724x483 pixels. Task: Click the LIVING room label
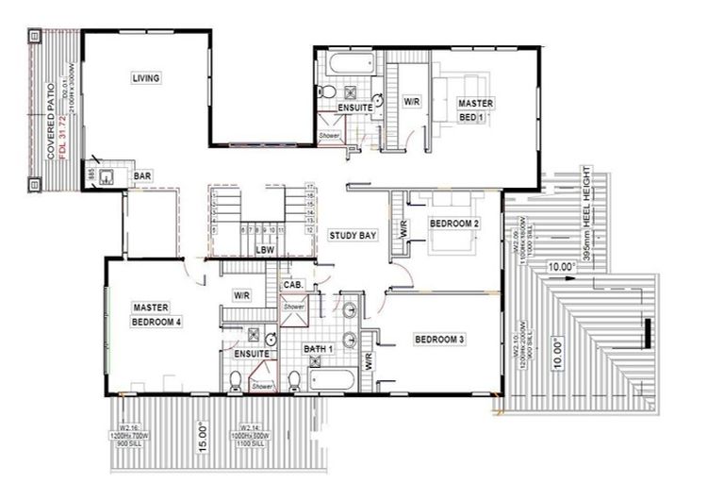coord(145,77)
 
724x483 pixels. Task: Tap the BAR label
coord(143,176)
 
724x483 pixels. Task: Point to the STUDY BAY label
coord(353,235)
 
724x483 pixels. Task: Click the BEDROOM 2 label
coord(454,224)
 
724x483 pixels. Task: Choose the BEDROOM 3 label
coord(439,338)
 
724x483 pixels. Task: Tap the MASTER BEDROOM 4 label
coord(156,314)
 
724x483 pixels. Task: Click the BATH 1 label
coord(319,349)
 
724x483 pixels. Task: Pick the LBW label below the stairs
coord(265,250)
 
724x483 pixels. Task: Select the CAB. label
coord(292,285)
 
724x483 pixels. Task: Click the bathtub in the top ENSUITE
coord(351,65)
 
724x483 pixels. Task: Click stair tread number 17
coord(309,188)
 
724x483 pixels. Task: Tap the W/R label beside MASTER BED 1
coord(412,100)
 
